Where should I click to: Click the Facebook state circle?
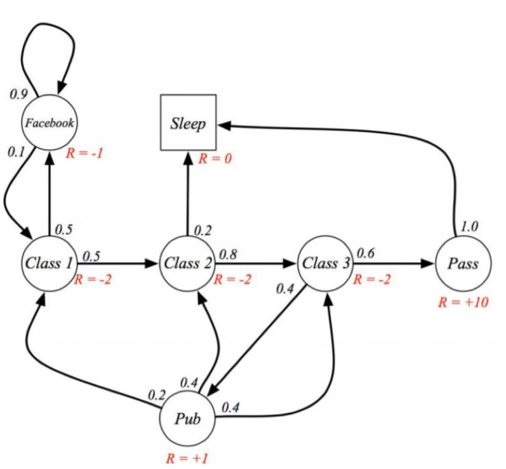pyautogui.click(x=48, y=123)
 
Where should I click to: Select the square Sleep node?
pyautogui.click(x=188, y=123)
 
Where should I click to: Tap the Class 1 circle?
pyautogui.click(x=48, y=262)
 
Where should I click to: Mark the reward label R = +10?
pyautogui.click(x=463, y=302)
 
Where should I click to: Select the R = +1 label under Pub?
pyautogui.click(x=188, y=458)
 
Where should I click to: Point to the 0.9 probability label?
pyautogui.click(x=18, y=94)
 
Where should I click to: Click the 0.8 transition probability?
pyautogui.click(x=228, y=254)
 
